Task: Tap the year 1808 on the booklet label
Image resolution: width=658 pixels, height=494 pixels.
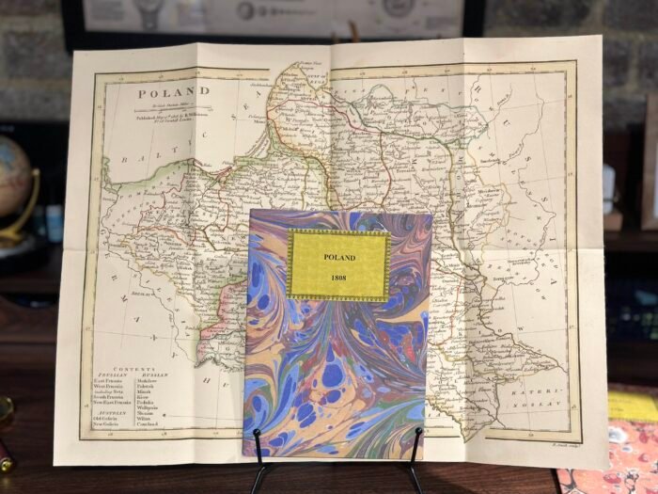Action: tap(338, 279)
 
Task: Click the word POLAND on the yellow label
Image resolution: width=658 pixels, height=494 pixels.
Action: tap(338, 256)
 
